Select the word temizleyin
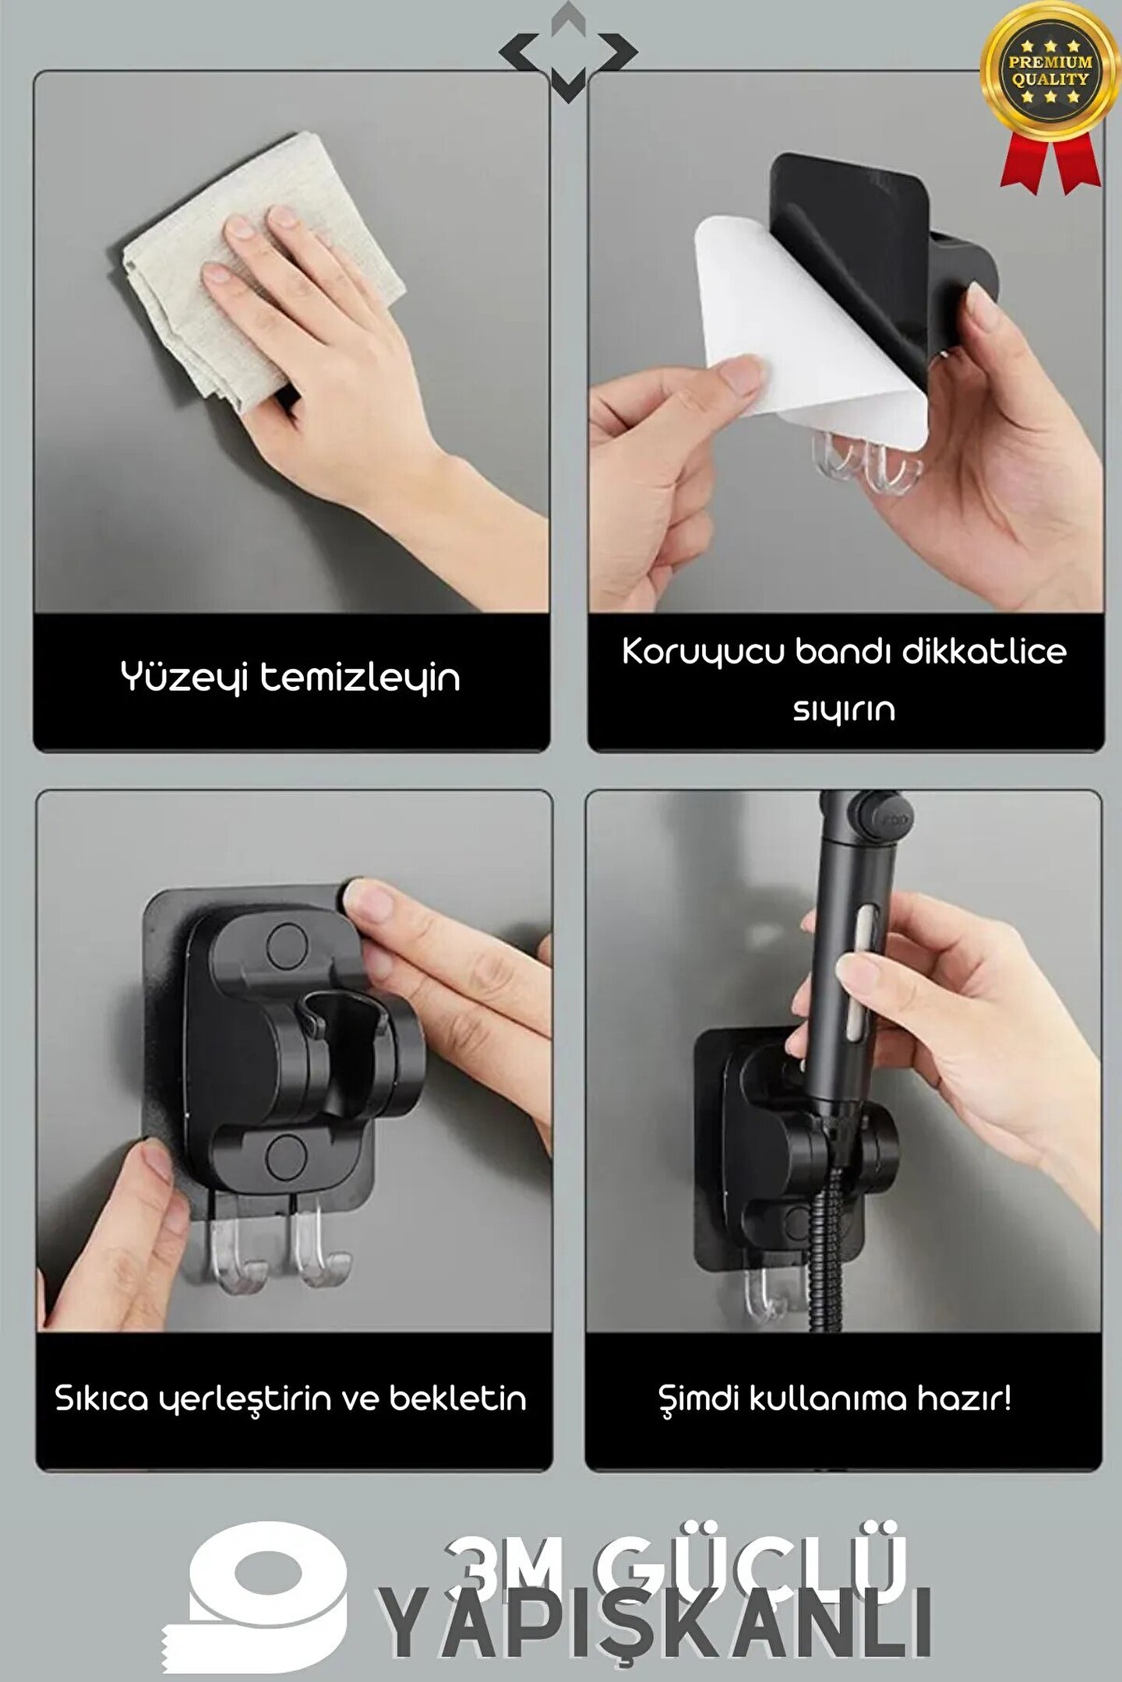tap(359, 677)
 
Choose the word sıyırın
tap(844, 709)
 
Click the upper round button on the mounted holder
tap(287, 943)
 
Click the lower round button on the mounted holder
tap(286, 1156)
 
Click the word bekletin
tap(458, 1398)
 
